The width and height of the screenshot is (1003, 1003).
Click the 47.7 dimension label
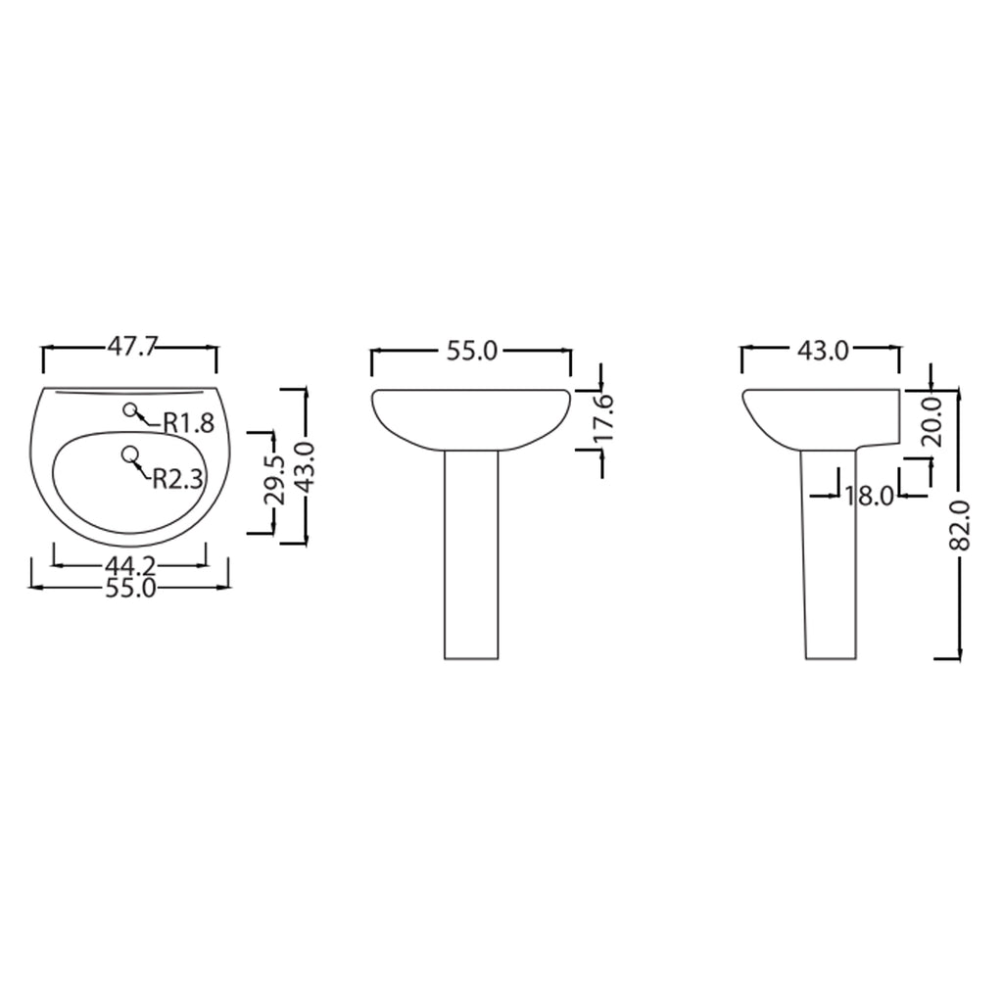coord(131,347)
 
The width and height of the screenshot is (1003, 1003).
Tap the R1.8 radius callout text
coord(188,423)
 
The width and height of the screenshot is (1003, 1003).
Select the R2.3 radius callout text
coord(177,478)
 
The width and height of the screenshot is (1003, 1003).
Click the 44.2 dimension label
coord(130,565)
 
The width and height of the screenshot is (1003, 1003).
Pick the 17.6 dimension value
coord(602,417)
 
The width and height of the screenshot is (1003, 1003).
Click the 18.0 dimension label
coord(870,495)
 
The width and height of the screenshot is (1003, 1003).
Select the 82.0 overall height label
coord(961,526)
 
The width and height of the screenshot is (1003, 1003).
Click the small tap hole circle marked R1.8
coord(130,411)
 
